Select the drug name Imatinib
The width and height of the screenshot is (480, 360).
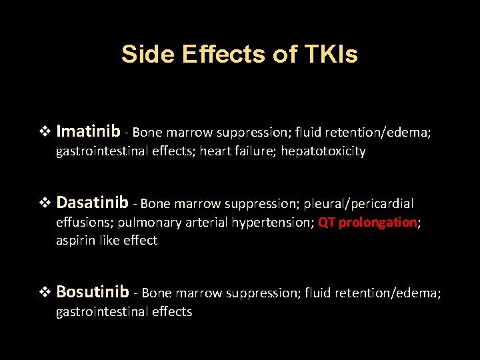coord(89,131)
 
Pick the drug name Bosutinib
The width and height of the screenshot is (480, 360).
coord(93,291)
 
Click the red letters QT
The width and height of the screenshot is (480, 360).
coord(327,223)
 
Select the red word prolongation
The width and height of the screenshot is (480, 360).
coord(377,223)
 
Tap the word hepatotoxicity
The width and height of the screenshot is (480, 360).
coord(323,151)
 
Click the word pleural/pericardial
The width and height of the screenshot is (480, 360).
coord(359,203)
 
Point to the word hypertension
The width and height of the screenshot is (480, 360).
coord(271,223)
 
